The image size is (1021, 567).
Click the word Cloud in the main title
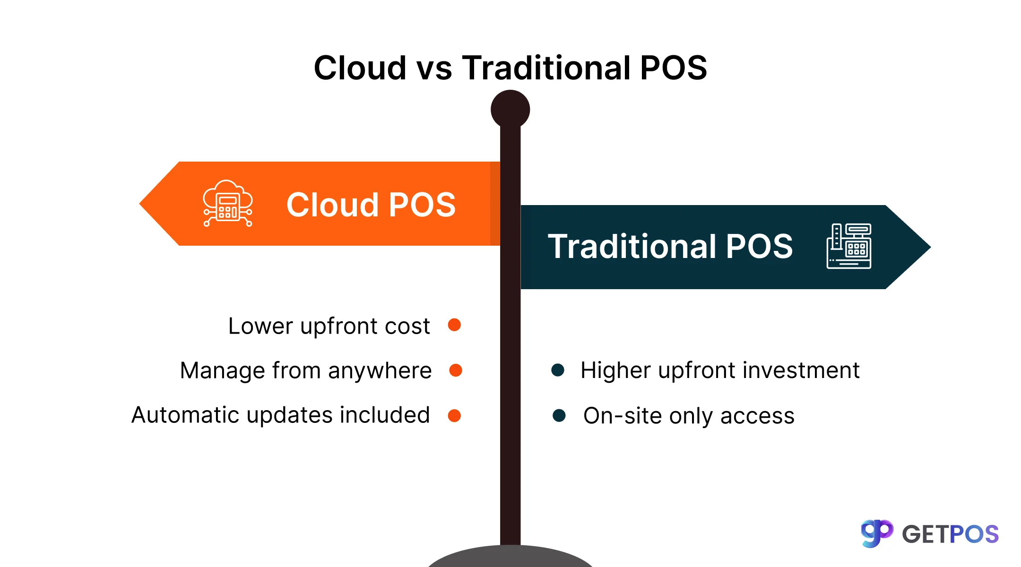coord(360,68)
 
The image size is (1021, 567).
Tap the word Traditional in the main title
coord(546,68)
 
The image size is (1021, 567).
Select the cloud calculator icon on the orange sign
coord(228,204)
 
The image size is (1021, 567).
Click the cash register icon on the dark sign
coord(849,246)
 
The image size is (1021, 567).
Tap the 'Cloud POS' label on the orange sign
coord(371,205)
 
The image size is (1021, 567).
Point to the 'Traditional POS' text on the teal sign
coord(670,247)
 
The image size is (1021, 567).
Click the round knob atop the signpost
coord(510,109)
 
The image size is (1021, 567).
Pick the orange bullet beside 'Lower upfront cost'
coord(454,325)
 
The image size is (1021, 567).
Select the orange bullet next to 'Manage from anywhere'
coord(456,370)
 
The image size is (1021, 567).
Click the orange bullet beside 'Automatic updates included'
coord(454,415)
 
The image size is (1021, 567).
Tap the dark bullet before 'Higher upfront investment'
coord(558,370)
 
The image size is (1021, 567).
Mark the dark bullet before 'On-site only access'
coord(559,415)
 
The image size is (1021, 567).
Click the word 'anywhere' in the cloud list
coord(380,371)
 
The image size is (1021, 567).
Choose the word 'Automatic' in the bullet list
coord(185,415)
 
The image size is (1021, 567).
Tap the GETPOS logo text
coord(950,534)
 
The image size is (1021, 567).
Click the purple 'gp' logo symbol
coord(876,533)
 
